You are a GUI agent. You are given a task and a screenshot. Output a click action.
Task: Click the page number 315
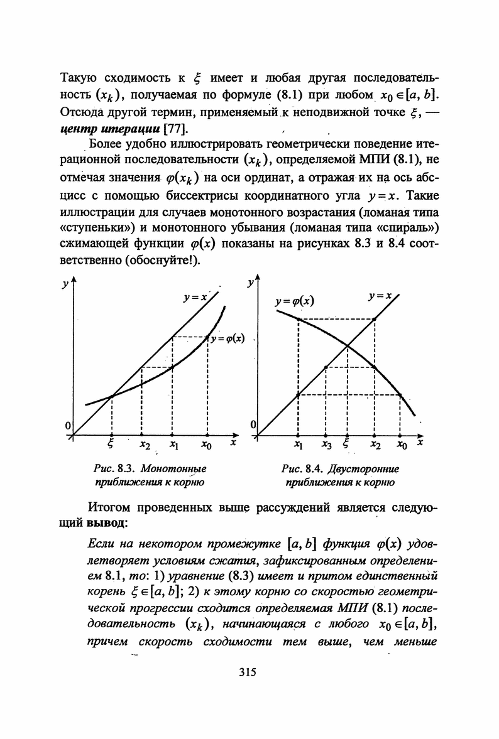tap(249, 672)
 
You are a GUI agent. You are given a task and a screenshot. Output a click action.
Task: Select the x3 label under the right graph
tap(326, 445)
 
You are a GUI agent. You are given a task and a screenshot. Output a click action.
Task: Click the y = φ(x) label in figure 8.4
tap(295, 301)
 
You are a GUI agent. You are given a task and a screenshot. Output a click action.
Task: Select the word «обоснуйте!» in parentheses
tap(166, 260)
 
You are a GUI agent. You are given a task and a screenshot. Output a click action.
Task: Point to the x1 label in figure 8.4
tap(298, 445)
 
